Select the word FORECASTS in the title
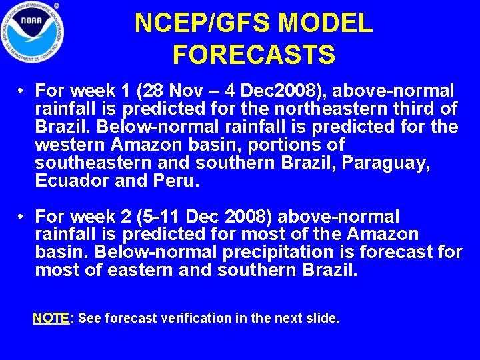click(x=253, y=55)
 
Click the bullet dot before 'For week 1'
click(x=22, y=91)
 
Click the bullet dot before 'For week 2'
click(x=22, y=217)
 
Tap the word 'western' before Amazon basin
click(x=69, y=145)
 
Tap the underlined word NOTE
click(x=51, y=319)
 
